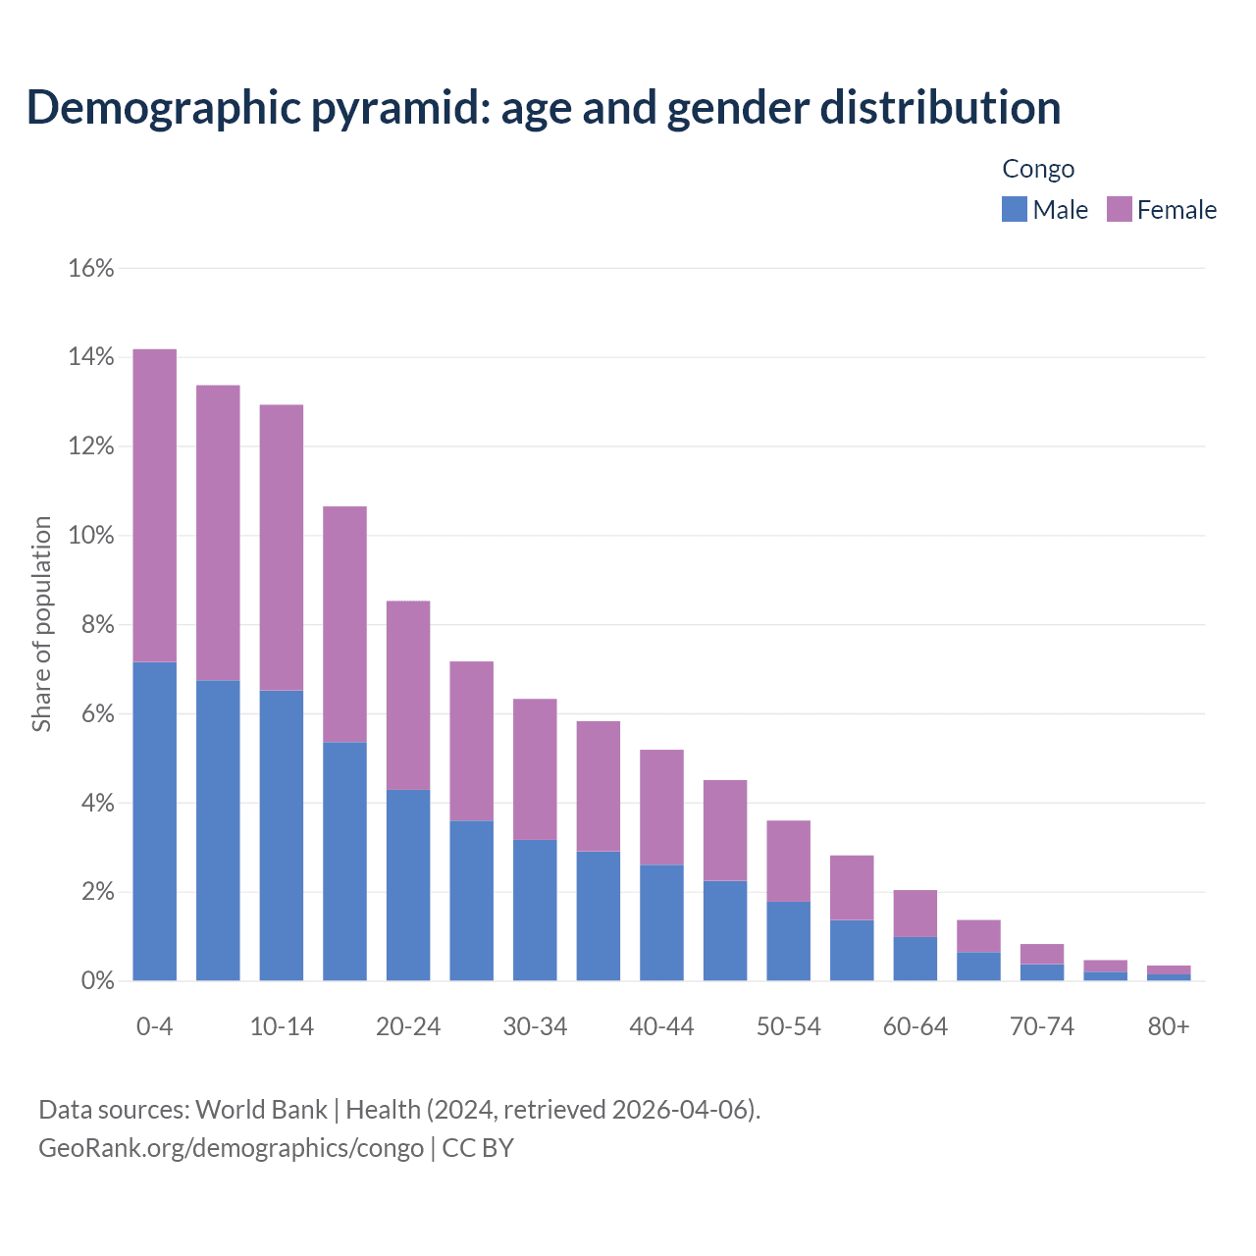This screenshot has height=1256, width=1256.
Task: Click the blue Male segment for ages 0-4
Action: coord(155,821)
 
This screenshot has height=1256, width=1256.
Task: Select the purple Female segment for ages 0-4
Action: coord(155,505)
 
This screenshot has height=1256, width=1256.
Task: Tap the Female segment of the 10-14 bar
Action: coord(282,548)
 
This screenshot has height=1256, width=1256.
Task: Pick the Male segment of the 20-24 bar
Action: coord(408,885)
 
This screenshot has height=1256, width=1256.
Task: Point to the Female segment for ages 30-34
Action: coord(535,769)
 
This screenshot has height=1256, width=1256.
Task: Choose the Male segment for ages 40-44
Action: coord(661,922)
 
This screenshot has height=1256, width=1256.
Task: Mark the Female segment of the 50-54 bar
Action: coord(788,861)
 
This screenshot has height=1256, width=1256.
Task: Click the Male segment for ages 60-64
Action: coord(915,959)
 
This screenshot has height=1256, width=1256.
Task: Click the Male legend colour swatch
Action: coord(1014,209)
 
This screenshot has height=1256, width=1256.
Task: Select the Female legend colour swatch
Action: coord(1119,209)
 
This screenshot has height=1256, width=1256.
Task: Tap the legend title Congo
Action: coord(1038,169)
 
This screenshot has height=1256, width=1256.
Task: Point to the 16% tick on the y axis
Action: coord(91,268)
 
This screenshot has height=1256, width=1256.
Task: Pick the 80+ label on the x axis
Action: coord(1169,1026)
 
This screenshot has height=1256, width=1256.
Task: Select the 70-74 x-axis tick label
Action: coord(1041,1026)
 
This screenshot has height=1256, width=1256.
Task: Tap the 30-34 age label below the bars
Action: coord(535,1026)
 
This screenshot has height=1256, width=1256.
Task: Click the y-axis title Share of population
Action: coord(41,624)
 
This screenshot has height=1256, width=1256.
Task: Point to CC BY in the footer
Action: coord(478,1147)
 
